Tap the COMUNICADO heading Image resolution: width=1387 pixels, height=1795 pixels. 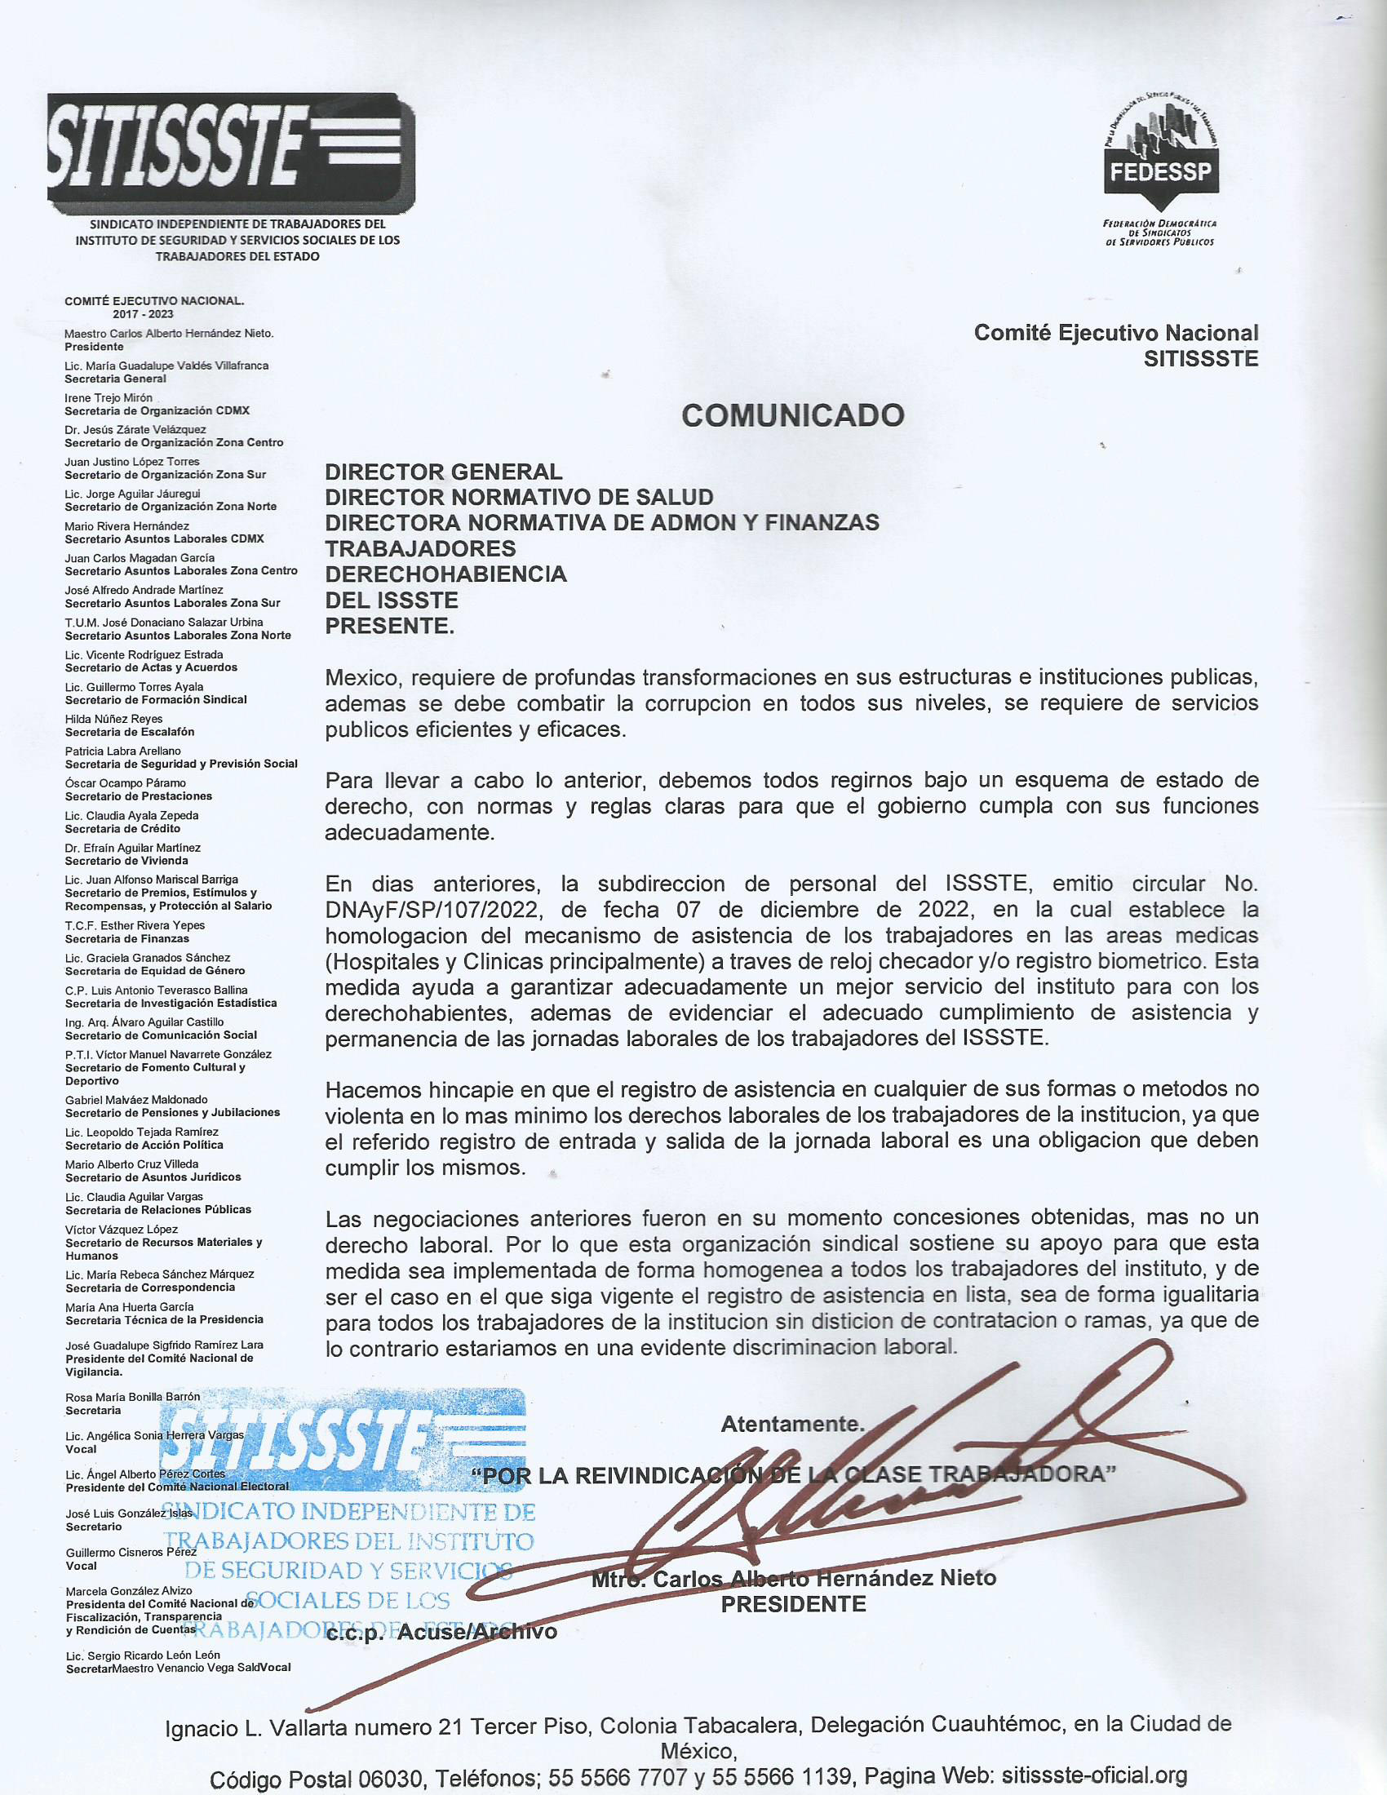click(x=792, y=416)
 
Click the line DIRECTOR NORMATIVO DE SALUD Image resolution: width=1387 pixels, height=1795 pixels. click(x=518, y=497)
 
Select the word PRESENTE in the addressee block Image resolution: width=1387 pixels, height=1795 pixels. click(x=388, y=627)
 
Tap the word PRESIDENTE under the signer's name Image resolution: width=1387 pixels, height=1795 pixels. click(x=793, y=1603)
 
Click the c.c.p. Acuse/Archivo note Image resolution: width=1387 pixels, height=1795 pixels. click(x=441, y=1632)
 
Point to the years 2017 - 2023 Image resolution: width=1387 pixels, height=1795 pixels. click(x=143, y=314)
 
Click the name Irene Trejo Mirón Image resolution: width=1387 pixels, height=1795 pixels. click(x=109, y=398)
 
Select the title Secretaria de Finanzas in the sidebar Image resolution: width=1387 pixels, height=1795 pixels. click(x=127, y=938)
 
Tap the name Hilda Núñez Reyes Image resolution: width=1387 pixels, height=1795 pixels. click(x=113, y=719)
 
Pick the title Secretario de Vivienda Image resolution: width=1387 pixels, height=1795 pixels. click(x=126, y=861)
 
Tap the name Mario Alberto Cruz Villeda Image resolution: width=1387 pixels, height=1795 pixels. click(x=131, y=1163)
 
